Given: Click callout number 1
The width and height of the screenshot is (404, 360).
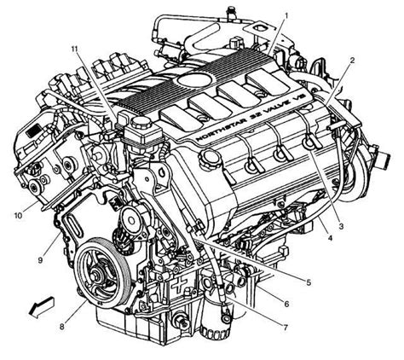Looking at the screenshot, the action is [x=286, y=15].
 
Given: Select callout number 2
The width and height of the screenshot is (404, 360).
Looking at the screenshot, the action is [x=352, y=61].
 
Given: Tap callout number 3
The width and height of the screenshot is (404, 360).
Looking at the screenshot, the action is [x=341, y=226].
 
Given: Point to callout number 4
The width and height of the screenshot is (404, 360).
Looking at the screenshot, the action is [x=330, y=238].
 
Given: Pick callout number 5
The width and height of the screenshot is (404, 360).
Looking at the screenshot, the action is [x=309, y=282].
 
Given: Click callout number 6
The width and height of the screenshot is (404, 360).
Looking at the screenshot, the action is [x=286, y=304].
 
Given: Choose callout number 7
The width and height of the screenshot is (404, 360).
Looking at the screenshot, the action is [x=286, y=328].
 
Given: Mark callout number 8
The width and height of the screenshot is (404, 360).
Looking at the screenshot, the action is [x=62, y=327].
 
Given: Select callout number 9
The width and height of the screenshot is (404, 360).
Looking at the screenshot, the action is [x=40, y=260].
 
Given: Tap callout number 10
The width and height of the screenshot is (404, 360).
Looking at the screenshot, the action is [x=18, y=216].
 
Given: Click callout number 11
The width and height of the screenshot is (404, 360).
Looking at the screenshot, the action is [x=74, y=49].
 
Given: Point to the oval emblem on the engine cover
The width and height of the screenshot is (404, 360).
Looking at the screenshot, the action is [x=195, y=77].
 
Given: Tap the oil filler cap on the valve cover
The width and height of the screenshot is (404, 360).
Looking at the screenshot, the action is [x=210, y=156].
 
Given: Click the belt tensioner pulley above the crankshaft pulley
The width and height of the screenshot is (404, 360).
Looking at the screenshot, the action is [x=131, y=220].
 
